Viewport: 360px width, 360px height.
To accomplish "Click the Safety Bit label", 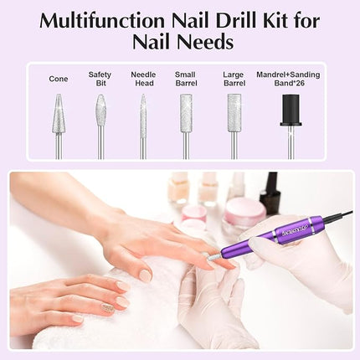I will [100, 79].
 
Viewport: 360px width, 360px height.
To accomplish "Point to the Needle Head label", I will [143, 79].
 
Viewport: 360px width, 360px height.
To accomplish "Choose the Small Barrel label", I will [186, 79].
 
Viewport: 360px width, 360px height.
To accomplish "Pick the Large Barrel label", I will [234, 79].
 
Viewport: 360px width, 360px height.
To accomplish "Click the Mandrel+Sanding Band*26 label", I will [288, 79].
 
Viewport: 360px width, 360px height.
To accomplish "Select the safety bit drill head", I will [100, 111].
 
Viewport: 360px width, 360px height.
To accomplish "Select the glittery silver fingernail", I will [108, 309].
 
